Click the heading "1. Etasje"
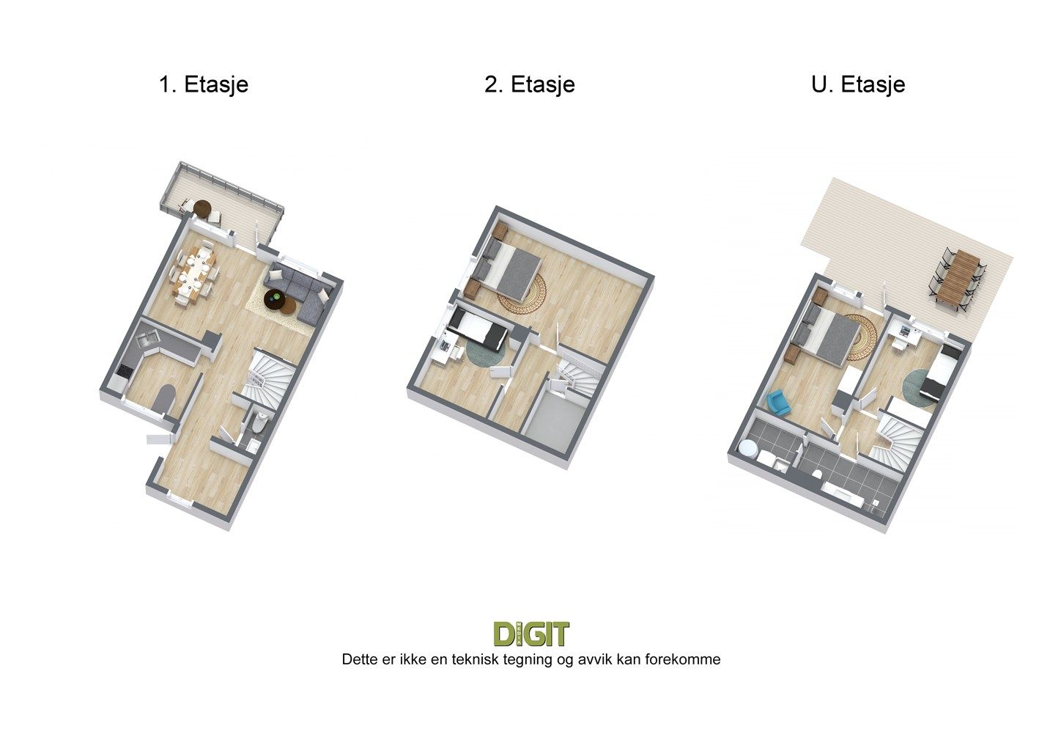coord(204,85)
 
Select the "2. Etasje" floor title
coord(530,85)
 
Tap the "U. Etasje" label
coord(858,85)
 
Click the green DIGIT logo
coord(531,634)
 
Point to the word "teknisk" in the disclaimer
coord(477,659)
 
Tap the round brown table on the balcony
coord(203,208)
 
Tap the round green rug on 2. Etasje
coord(486,351)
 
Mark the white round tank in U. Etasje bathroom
coord(747,447)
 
